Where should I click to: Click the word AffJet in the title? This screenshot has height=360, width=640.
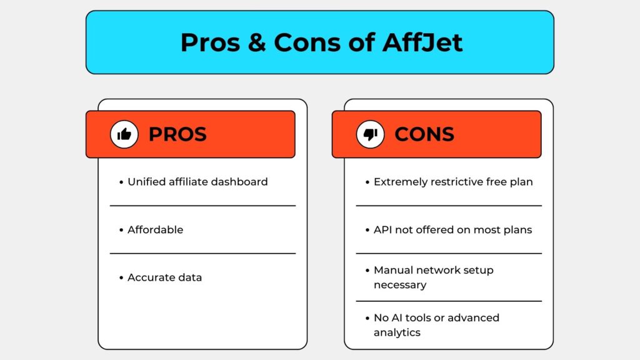click(422, 42)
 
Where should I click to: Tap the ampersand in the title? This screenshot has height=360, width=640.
click(257, 42)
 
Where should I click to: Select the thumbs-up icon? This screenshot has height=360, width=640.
click(124, 134)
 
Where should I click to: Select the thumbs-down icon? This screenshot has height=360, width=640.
click(370, 134)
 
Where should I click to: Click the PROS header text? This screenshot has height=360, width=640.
click(177, 134)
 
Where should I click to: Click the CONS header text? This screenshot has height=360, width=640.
click(424, 134)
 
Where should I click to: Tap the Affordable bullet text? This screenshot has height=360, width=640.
click(156, 230)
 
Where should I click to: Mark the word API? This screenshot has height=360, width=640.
click(382, 230)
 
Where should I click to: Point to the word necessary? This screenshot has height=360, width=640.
click(400, 285)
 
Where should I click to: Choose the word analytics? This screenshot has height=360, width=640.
click(397, 333)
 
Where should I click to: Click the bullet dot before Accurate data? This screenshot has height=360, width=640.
click(121, 278)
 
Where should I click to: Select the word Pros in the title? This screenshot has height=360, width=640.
click(210, 42)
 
